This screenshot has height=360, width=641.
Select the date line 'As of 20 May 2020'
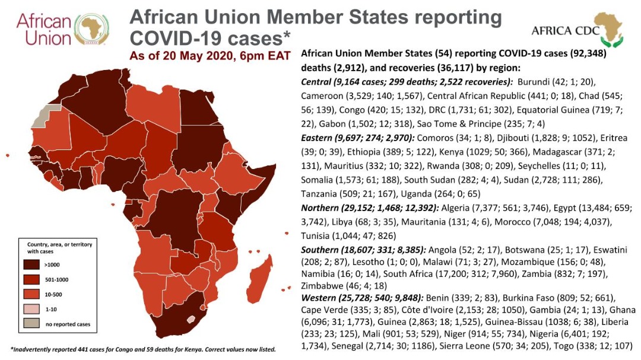pyautogui.click(x=210, y=57)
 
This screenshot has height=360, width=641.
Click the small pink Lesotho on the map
pyautogui.click(x=191, y=319)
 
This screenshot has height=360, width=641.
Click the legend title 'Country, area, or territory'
pyautogui.click(x=59, y=244)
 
